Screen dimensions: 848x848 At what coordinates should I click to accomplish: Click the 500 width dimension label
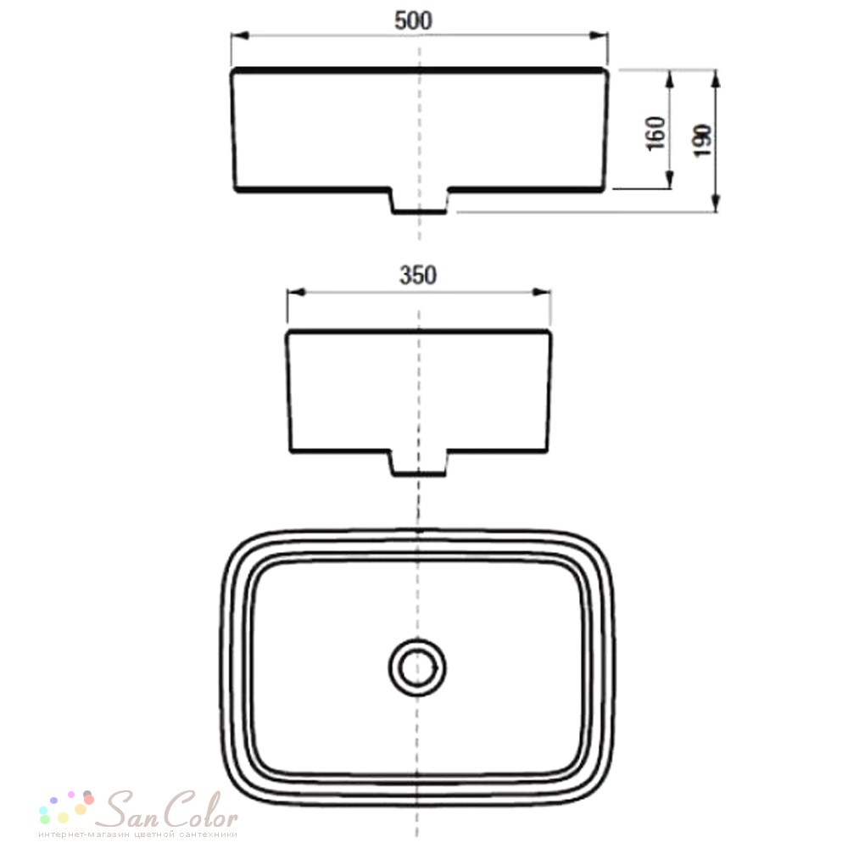click(x=413, y=20)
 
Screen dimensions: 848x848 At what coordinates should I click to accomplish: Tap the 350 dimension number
click(x=418, y=276)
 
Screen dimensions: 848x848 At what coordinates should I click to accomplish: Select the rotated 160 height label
click(x=656, y=133)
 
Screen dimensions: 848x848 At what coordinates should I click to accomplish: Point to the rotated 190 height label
click(x=702, y=141)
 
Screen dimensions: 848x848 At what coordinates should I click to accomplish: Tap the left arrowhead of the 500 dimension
click(x=240, y=36)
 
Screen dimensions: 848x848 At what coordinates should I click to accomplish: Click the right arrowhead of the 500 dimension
click(x=599, y=36)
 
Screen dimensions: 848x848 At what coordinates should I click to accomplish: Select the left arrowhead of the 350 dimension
click(x=296, y=292)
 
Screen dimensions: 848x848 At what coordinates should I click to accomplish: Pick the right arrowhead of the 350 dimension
click(x=541, y=292)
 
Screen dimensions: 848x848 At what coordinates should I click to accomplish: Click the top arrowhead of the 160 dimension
click(x=670, y=80)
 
